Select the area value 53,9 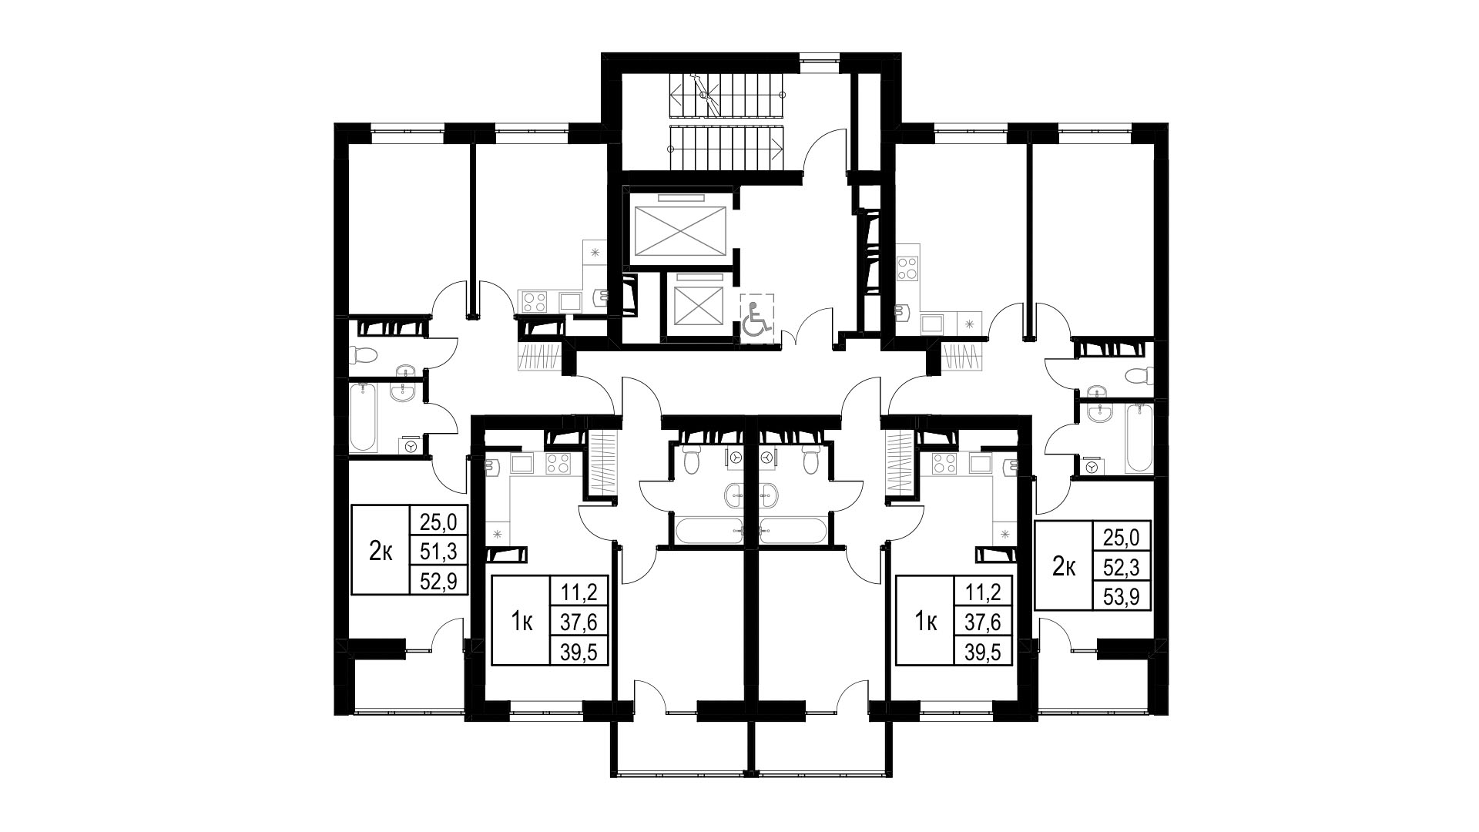click(1122, 595)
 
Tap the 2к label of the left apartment click(381, 552)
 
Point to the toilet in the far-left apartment click(362, 355)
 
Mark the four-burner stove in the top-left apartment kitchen click(534, 301)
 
